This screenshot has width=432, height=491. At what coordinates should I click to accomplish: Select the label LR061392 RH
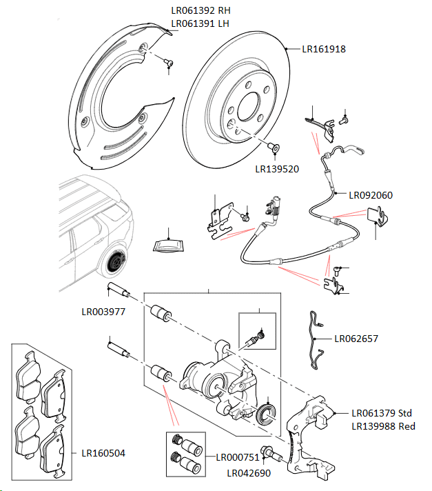click(200, 11)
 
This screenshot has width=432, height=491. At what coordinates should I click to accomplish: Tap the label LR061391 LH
click(200, 23)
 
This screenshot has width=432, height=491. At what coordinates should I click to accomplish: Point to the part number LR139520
click(277, 168)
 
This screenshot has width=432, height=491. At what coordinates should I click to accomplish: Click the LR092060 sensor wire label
click(371, 195)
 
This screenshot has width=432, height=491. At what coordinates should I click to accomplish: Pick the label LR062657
click(356, 339)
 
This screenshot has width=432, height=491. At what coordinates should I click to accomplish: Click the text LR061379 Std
click(381, 413)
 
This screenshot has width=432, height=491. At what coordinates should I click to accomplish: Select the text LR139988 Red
click(383, 426)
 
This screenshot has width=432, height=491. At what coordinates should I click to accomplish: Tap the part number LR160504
click(103, 453)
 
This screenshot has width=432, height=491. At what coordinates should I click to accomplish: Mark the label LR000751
click(238, 457)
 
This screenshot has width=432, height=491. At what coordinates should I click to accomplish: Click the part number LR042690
click(249, 473)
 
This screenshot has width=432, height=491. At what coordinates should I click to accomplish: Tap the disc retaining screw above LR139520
click(272, 147)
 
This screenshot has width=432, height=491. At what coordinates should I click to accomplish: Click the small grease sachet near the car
click(169, 245)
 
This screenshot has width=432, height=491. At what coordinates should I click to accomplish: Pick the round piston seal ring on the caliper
click(265, 416)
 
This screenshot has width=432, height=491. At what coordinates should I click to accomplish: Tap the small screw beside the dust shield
click(168, 63)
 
